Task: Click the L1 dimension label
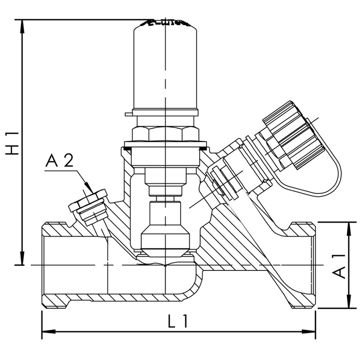(x=178, y=321)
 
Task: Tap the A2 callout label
(x=58, y=161)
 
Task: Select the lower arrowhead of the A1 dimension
(x=350, y=304)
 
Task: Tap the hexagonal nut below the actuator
(x=166, y=134)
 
